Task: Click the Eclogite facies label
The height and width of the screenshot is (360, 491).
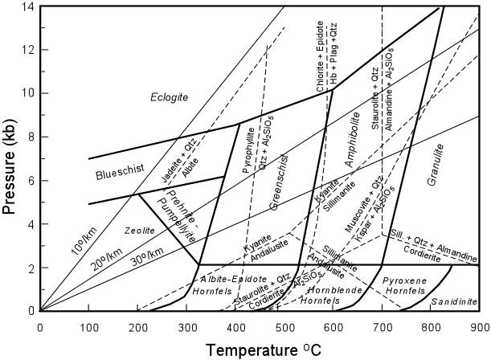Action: point(169,97)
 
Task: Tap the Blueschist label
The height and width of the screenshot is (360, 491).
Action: point(118,175)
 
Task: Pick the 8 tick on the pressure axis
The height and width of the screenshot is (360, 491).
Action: point(31,137)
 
